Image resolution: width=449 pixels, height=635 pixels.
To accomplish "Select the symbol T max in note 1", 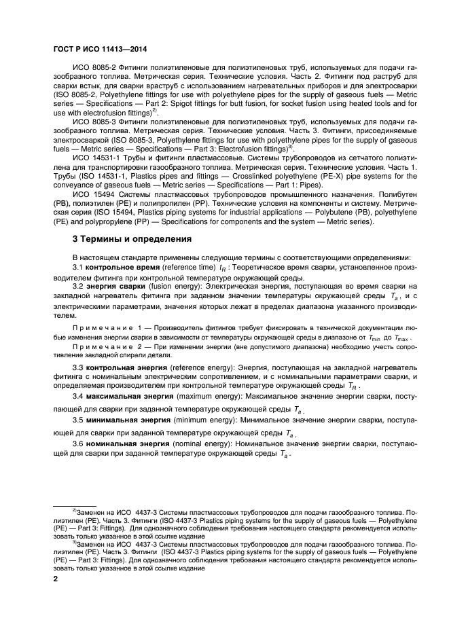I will [x=401, y=338].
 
